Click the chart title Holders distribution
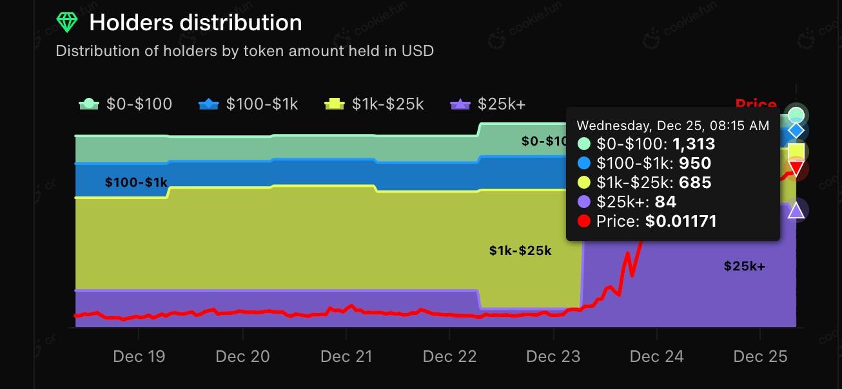click(195, 23)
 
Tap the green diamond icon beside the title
click(66, 23)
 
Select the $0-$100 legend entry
click(125, 104)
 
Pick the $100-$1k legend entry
click(248, 104)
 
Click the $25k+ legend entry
click(488, 104)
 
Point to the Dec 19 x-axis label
click(139, 356)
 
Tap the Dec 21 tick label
click(346, 356)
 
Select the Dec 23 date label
click(553, 356)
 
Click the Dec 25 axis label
click(761, 356)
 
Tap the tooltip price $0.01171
click(680, 222)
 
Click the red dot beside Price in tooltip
click(584, 222)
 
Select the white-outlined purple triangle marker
click(796, 210)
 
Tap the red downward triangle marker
click(796, 169)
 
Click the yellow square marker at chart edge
click(796, 151)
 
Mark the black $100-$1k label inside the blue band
click(136, 183)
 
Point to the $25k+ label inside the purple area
click(744, 266)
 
